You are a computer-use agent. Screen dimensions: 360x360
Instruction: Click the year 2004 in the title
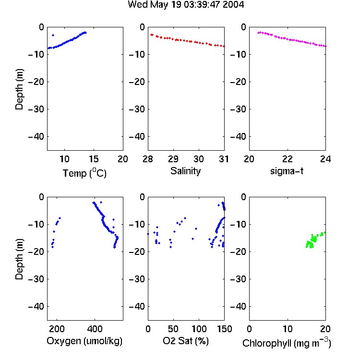pos(233,5)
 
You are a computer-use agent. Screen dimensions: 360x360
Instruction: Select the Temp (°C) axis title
pos(84,173)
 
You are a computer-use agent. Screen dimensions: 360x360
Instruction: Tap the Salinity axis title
pos(185,171)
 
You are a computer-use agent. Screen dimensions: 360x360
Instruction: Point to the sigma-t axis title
pos(287,171)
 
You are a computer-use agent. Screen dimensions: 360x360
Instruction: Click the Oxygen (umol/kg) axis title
pos(84,341)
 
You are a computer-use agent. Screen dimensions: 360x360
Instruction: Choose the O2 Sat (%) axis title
pos(186,341)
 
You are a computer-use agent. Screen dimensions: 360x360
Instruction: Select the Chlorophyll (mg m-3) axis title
pos(287,343)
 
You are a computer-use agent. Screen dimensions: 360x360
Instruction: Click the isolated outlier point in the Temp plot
pos(53,36)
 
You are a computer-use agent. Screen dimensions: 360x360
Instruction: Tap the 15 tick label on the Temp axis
pos(94,159)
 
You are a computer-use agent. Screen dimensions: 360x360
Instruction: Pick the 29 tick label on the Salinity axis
pos(173,159)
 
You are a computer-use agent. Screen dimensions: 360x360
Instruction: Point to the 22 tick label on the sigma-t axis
pos(288,159)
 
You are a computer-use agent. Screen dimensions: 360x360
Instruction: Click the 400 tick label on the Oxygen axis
pos(95,329)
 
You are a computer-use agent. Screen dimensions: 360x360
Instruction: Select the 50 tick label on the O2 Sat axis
pos(173,329)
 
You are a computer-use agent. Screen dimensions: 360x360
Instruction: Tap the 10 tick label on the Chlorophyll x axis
pos(288,329)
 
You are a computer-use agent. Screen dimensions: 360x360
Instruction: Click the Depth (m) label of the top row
pos(19,89)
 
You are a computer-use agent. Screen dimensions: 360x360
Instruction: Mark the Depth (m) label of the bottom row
pos(19,259)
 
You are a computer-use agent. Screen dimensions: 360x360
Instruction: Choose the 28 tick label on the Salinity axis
pos(148,159)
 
